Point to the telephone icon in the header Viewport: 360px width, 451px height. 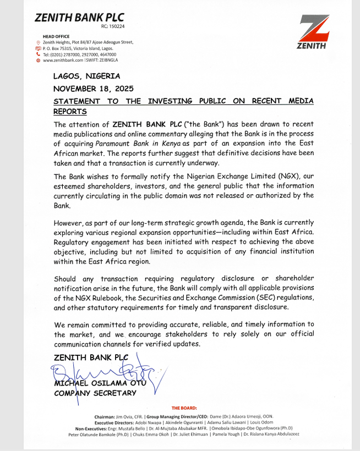(x=38, y=54)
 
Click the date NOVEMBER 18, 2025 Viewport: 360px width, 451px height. (x=93, y=88)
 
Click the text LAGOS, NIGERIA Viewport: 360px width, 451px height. (x=86, y=76)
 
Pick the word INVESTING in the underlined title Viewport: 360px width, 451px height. (x=166, y=101)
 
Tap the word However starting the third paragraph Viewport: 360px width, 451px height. (x=68, y=223)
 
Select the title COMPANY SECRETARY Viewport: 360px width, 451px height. (x=94, y=393)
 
